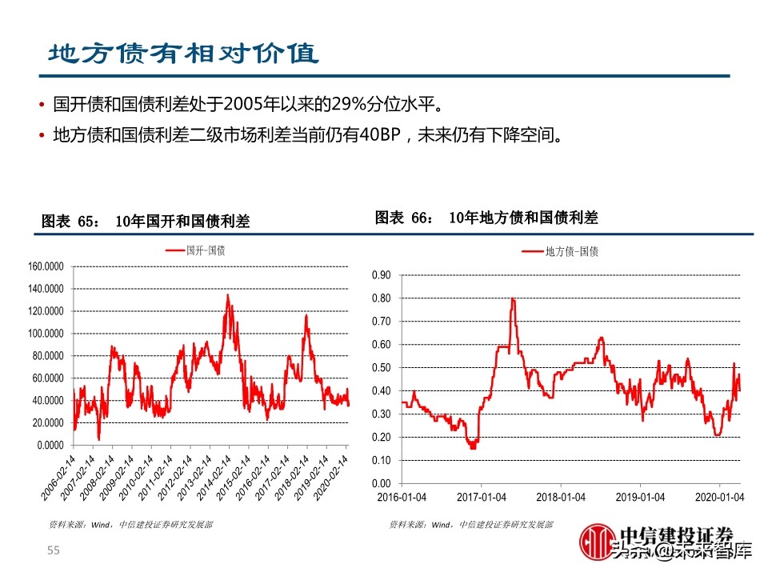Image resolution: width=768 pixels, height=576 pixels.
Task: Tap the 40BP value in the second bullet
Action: pyautogui.click(x=378, y=134)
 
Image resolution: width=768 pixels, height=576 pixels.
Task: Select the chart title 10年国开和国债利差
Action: pyautogui.click(x=182, y=222)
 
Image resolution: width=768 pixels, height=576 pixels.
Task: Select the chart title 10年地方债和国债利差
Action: pyautogui.click(x=523, y=218)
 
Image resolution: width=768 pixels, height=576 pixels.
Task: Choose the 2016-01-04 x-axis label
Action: pyautogui.click(x=402, y=497)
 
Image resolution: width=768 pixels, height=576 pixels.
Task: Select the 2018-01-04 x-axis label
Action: pyautogui.click(x=560, y=497)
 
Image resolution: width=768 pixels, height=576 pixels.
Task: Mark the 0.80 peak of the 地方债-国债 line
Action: pyautogui.click(x=512, y=299)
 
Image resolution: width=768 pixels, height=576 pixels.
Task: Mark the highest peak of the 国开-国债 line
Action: pyautogui.click(x=227, y=295)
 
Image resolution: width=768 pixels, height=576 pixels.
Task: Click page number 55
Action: pyautogui.click(x=54, y=550)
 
